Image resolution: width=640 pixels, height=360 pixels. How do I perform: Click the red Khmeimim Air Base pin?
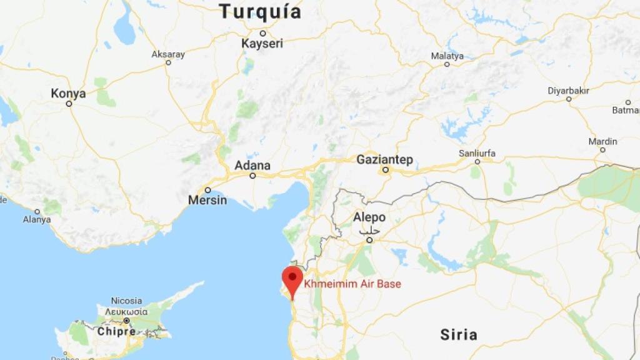292,279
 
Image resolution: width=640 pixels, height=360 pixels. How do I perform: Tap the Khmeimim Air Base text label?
352,284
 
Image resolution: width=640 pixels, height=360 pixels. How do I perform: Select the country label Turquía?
260,11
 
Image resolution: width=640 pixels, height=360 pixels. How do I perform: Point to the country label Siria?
459,334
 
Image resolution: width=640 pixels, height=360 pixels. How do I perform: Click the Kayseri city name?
262,44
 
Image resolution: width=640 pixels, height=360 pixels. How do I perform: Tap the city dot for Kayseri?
262,33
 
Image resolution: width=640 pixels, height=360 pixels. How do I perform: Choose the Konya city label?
68,93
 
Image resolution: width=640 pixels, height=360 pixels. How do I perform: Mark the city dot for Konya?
69,104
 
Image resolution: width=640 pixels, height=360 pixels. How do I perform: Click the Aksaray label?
168,54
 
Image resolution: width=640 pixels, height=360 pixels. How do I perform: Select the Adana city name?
252,166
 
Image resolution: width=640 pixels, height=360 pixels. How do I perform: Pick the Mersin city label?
207,201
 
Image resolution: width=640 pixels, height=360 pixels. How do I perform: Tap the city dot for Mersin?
207,190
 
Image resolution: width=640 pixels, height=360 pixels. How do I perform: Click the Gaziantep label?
384,159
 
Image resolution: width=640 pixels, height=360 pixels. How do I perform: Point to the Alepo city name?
369,217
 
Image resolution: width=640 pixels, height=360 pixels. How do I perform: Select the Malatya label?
447,56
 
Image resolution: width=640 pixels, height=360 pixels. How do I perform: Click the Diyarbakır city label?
568,91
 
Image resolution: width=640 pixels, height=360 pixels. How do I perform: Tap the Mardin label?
602,142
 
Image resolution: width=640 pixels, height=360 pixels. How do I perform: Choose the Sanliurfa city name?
477,152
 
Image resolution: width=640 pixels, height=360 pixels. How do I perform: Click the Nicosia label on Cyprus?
126,301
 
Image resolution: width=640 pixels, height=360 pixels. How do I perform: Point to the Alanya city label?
37,219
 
